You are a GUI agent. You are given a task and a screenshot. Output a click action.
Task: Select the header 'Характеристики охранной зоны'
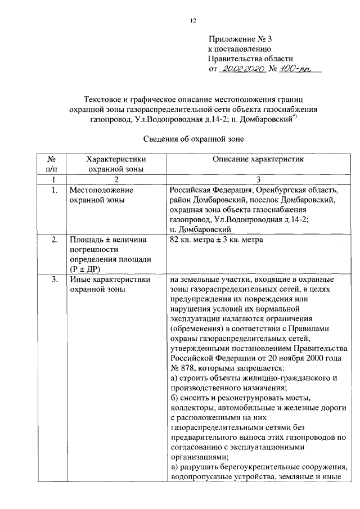click(116, 164)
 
